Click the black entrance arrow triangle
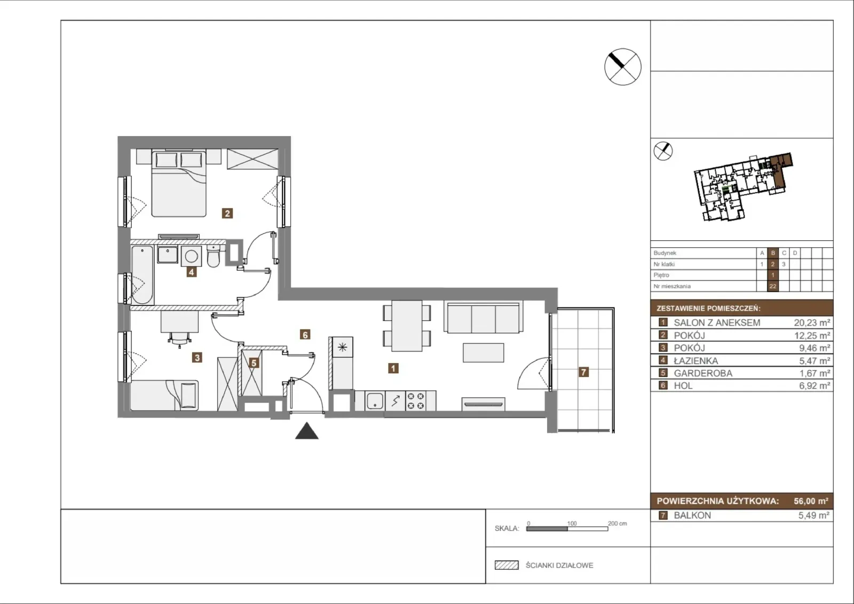[306, 431]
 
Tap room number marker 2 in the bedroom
[227, 213]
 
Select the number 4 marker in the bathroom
[192, 272]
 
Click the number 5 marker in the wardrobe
[254, 363]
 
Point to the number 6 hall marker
[305, 335]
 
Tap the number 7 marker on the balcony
[583, 372]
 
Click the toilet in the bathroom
[214, 256]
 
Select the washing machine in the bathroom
[192, 256]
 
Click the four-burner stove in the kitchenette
[416, 401]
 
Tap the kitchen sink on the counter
[375, 401]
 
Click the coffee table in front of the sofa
[484, 352]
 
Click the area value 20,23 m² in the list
[812, 323]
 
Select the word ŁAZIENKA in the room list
[696, 360]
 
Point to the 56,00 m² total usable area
[811, 501]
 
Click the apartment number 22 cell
[773, 286]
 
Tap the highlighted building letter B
[773, 253]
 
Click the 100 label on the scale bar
[572, 523]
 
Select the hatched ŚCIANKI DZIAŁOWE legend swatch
[507, 565]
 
